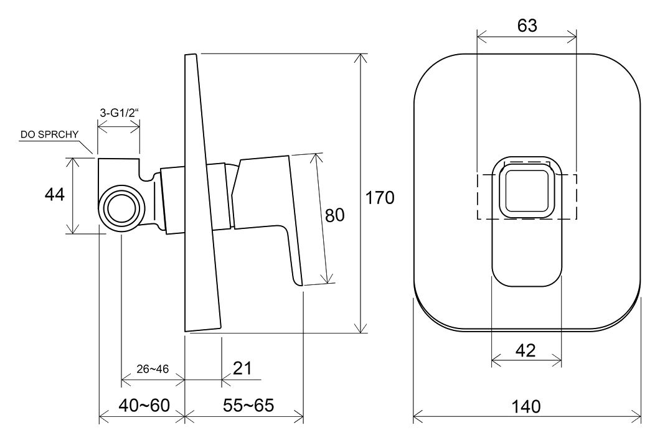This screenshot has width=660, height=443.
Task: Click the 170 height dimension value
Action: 380,198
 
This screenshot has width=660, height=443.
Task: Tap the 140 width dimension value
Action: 526,407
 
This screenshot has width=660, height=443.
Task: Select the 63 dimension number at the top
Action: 527,26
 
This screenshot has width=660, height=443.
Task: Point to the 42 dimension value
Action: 526,350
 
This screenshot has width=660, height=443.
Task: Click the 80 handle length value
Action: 334,215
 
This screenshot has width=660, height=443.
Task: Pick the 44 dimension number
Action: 55,194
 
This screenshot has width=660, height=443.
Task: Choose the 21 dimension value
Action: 242,368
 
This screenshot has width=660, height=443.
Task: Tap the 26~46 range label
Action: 153,369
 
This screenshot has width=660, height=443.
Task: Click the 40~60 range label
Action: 144,405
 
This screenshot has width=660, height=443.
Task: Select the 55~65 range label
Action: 248,405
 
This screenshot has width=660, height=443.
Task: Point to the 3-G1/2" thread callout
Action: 119,113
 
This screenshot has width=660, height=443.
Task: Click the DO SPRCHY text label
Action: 50,134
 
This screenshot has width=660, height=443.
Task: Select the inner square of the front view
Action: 527,192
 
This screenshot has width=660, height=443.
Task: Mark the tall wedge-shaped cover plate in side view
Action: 201,193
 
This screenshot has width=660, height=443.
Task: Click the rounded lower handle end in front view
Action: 527,269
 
